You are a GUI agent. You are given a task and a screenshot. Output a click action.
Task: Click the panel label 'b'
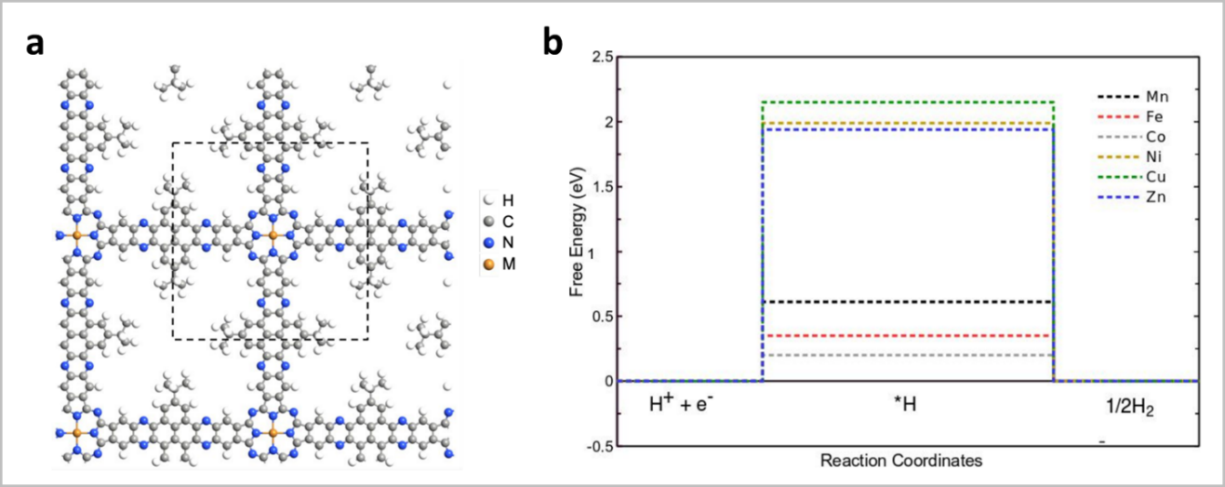pos(553,42)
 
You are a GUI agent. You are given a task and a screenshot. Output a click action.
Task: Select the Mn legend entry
pos(1133,97)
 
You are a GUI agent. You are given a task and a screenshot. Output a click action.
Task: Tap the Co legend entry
pos(1131,137)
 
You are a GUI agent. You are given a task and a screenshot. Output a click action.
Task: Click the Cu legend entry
pos(1131,177)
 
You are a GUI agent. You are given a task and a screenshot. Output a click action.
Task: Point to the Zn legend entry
pos(1131,197)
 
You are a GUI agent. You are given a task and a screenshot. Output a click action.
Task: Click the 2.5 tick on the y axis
pos(601,57)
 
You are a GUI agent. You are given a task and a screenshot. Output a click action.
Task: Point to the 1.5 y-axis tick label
pos(601,186)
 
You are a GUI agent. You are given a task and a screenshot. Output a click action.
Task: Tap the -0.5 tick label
pos(598,446)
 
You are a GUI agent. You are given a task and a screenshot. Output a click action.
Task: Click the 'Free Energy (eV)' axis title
pos(578,233)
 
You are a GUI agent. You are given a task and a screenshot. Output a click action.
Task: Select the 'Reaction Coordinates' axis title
pos(901,461)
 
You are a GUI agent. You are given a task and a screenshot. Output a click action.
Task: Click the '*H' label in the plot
pos(905,404)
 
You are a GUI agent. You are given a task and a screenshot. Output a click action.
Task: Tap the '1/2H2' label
pos(1130,408)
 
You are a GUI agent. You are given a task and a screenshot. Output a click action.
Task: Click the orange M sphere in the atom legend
pos(489,264)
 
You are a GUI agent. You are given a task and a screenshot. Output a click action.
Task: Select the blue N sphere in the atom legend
pos(489,243)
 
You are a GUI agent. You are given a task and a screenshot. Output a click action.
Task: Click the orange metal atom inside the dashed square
pos(273,236)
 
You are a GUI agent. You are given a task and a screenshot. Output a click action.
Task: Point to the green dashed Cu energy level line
pos(908,101)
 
